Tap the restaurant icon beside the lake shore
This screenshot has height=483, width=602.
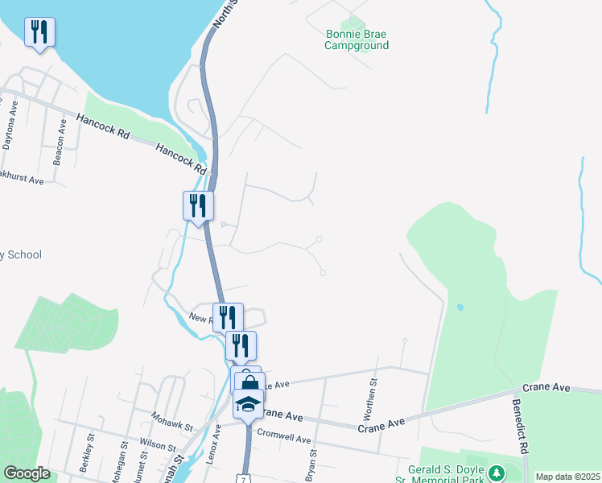39,32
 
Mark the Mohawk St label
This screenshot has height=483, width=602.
172,420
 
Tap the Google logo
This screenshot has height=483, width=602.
27,473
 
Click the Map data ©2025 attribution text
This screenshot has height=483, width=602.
567,477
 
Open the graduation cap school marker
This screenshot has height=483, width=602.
249,405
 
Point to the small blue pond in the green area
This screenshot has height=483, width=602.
460,308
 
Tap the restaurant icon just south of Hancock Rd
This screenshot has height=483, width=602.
197,206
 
